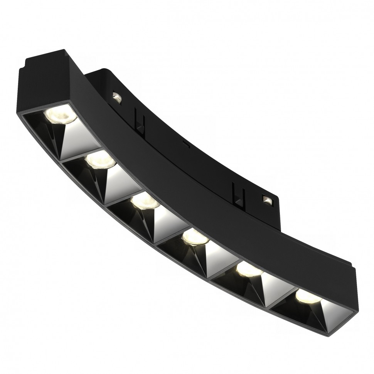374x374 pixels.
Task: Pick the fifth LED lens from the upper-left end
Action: (248, 269)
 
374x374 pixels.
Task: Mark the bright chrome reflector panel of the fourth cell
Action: (218, 254)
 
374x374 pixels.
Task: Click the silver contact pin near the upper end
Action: (116, 97)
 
